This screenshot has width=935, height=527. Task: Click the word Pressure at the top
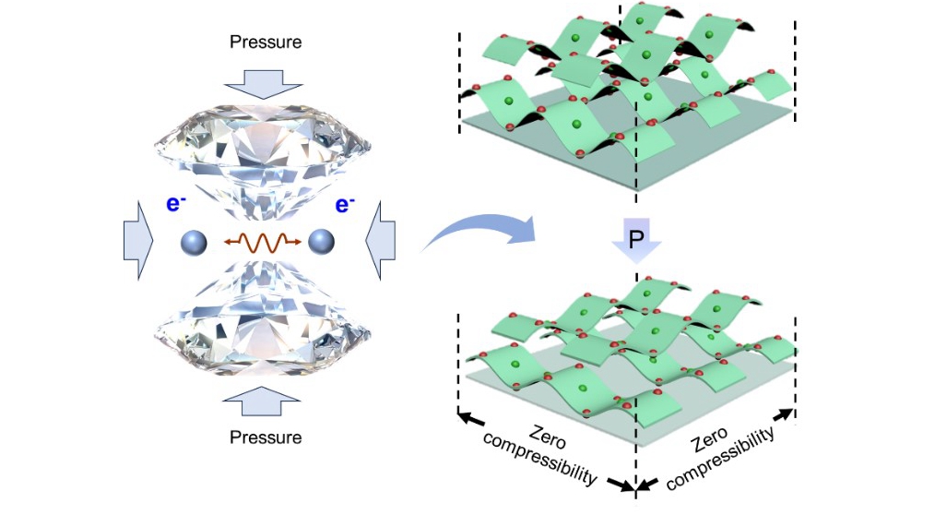coord(265,42)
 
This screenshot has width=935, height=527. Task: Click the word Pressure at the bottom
coord(265,437)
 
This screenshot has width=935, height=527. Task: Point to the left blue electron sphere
coord(195,243)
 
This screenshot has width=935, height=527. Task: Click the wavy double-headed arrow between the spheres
coord(259,243)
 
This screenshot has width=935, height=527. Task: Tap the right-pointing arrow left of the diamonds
coord(138,243)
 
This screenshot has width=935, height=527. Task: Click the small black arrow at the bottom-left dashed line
coord(471,418)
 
